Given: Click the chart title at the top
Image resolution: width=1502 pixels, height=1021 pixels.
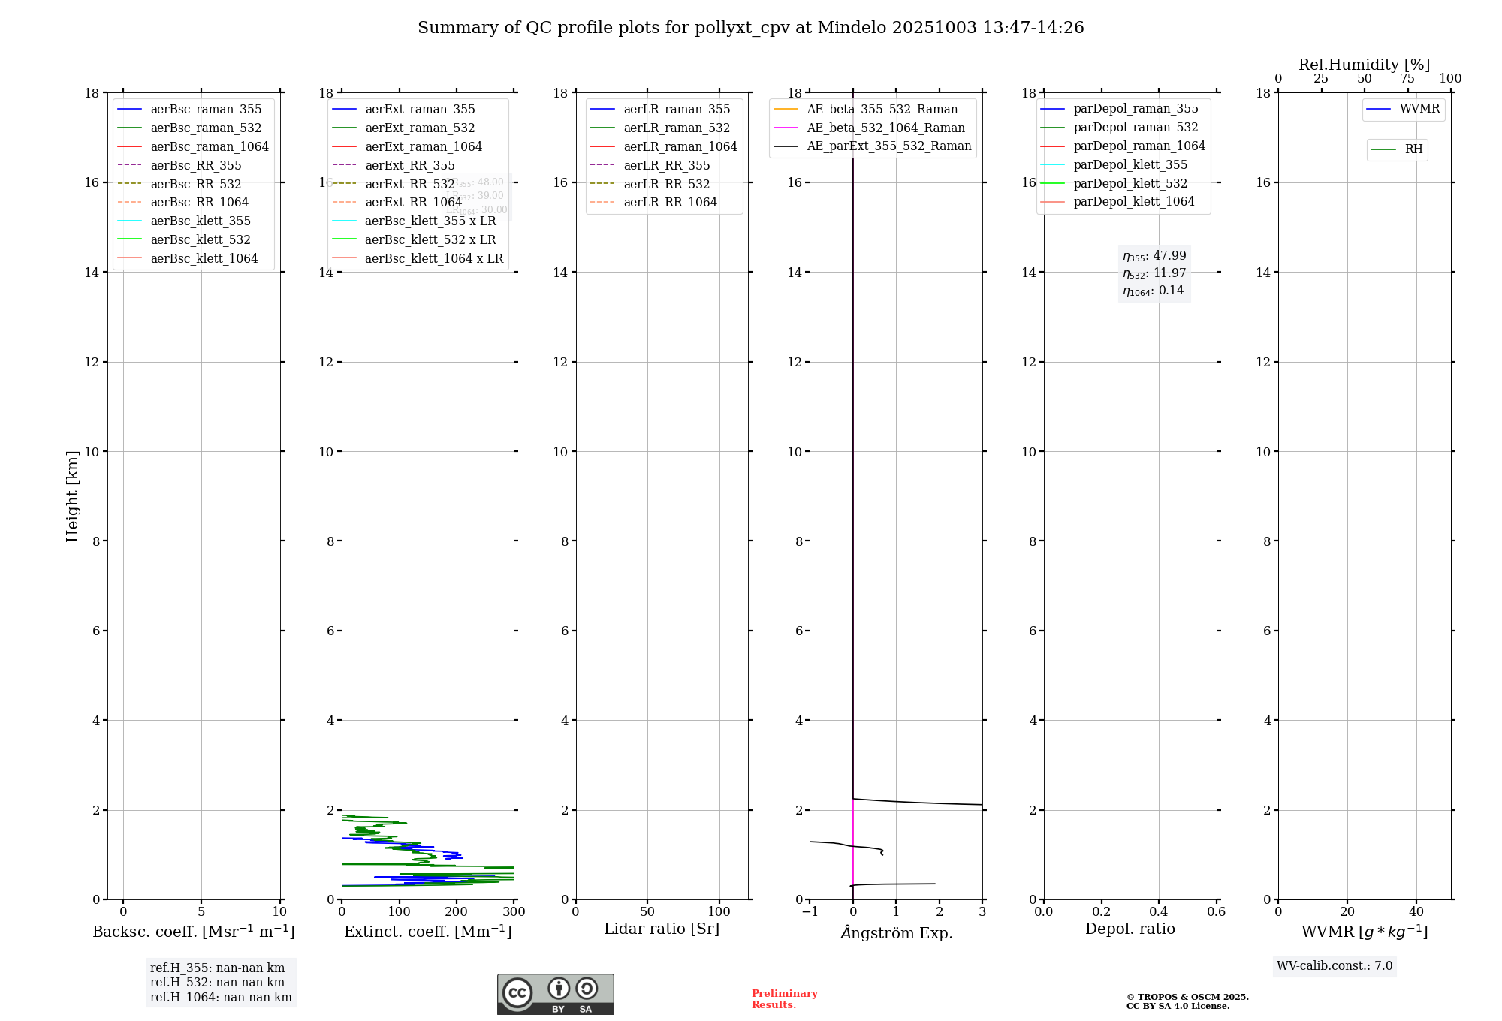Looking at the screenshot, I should click(x=750, y=28).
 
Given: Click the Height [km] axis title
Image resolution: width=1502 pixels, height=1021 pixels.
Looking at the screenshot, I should click(x=72, y=495).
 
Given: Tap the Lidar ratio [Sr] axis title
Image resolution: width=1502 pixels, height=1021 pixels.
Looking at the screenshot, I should click(x=662, y=929).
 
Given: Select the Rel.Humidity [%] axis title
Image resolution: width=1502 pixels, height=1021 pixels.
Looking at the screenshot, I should click(x=1364, y=65).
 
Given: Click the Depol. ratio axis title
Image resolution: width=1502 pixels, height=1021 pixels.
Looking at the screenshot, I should click(x=1130, y=929).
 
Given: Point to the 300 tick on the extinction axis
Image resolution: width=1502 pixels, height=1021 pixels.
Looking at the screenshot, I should click(x=514, y=912).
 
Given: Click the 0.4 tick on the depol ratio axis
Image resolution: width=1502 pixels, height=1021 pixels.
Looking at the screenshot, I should click(x=1159, y=912).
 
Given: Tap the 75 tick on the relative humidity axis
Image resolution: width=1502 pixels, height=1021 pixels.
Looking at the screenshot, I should click(x=1407, y=79).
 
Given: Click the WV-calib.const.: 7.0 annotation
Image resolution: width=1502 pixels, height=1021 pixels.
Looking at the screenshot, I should click(x=1335, y=966).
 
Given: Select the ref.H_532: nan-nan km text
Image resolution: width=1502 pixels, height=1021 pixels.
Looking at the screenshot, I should click(x=217, y=983).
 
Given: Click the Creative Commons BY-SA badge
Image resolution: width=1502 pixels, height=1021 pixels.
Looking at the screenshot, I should click(x=555, y=994).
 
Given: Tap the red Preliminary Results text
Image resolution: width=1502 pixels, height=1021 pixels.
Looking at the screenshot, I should click(x=784, y=999).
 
